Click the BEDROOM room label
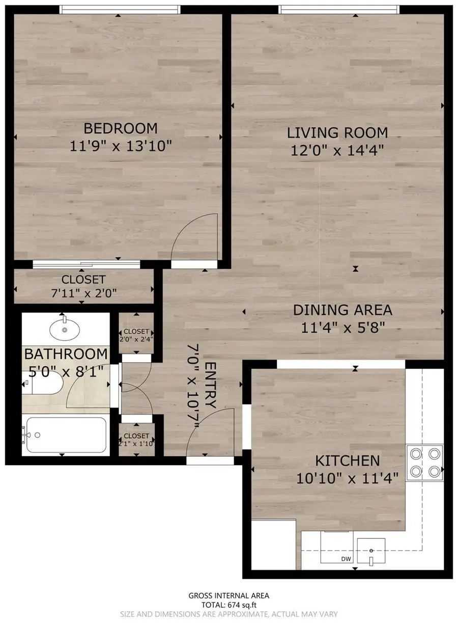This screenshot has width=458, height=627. pyautogui.click(x=121, y=127)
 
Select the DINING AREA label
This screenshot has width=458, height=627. pyautogui.click(x=342, y=310)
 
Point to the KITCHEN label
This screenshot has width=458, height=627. pyautogui.click(x=348, y=461)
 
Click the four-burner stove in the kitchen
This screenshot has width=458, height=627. pyautogui.click(x=424, y=462)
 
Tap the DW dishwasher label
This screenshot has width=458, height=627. pyautogui.click(x=347, y=559)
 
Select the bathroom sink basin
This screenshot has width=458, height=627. pyautogui.click(x=65, y=330)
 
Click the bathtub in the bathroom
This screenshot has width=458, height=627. pyautogui.click(x=65, y=434)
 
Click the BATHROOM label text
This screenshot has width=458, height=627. pyautogui.click(x=66, y=353)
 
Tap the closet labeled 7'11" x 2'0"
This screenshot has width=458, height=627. pyautogui.click(x=83, y=286)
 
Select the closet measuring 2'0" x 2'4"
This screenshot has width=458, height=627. pyautogui.click(x=136, y=334)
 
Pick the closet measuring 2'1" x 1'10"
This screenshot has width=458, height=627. pyautogui.click(x=136, y=439)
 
